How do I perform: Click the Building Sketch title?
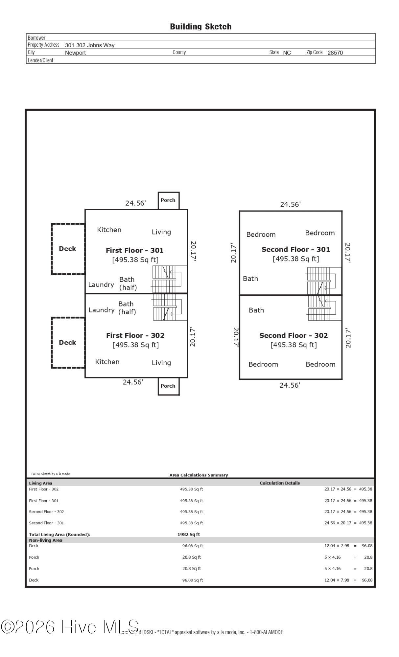tap(200, 27)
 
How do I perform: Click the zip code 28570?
tap(335, 53)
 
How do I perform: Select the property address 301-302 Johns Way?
tap(90, 45)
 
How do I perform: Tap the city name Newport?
tap(75, 53)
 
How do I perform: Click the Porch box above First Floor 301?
tap(168, 200)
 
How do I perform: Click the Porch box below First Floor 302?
tap(168, 386)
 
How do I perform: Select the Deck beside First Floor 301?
tap(68, 249)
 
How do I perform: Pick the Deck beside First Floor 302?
tap(68, 342)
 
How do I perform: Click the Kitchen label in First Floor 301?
tap(109, 230)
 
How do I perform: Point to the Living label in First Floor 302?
tap(161, 363)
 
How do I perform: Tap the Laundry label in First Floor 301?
tap(101, 284)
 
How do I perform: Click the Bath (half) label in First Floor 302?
tap(127, 308)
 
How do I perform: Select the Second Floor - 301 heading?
tap(295, 249)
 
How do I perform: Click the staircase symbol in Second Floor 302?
tap(322, 308)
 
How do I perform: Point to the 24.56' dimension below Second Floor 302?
tap(290, 385)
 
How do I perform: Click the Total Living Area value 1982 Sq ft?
tap(189, 534)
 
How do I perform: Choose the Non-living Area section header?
tap(46, 540)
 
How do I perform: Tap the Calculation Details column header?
tap(280, 483)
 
